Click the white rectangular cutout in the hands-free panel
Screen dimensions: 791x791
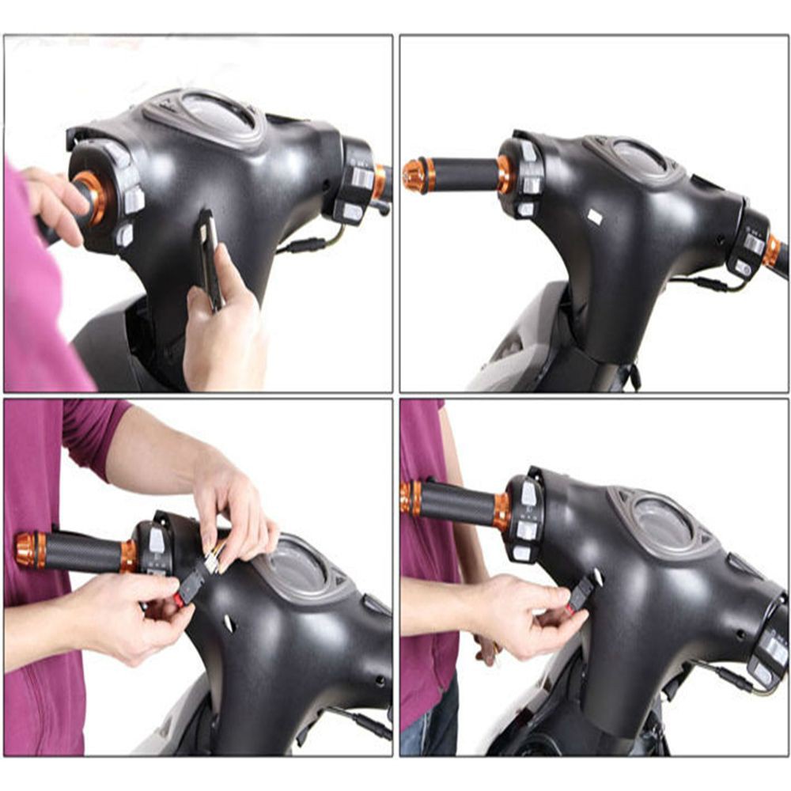[x=595, y=216]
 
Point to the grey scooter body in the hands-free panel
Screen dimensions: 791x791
[x=514, y=348]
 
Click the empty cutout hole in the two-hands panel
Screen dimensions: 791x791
[x=229, y=624]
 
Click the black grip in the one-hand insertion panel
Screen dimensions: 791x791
[x=459, y=504]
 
